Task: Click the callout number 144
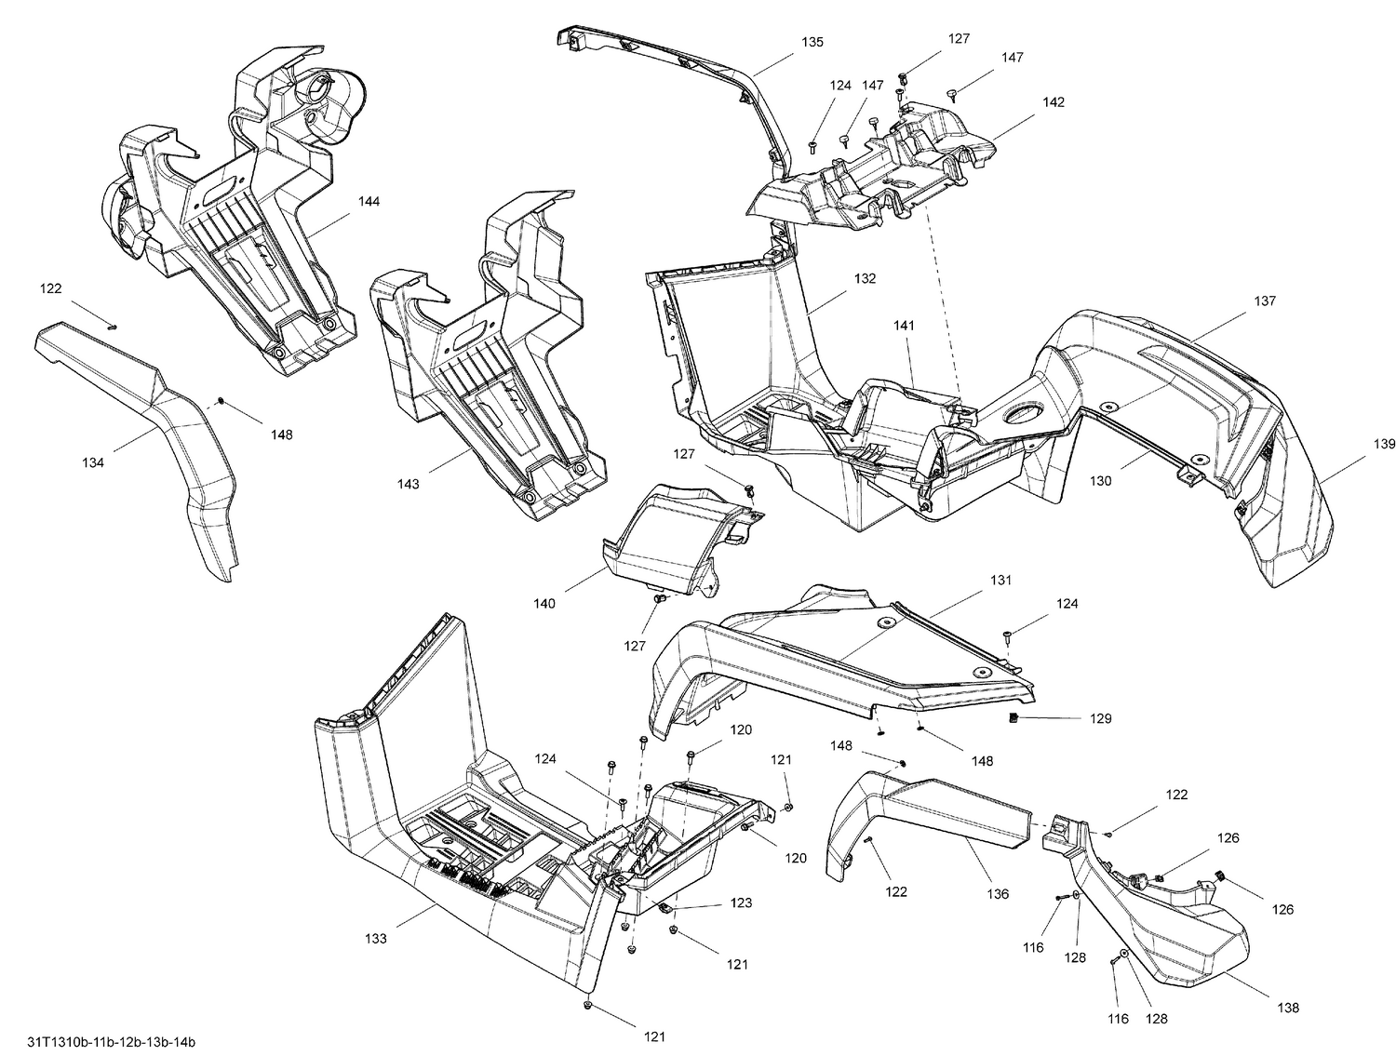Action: coord(369,202)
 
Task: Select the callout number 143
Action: coord(408,484)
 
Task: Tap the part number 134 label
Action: coord(93,462)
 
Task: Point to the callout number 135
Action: coord(812,42)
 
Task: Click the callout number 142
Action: coord(1053,102)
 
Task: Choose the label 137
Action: coord(1264,301)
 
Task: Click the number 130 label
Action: coord(1101,481)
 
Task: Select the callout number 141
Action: coord(904,326)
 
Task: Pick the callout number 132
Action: coord(865,278)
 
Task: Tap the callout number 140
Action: coord(544,604)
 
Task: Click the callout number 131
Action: coord(1000,580)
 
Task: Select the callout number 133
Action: coord(375,939)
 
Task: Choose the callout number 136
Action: coord(998,894)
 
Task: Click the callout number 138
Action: coord(1289,1008)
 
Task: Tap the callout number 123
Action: coord(741,902)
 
